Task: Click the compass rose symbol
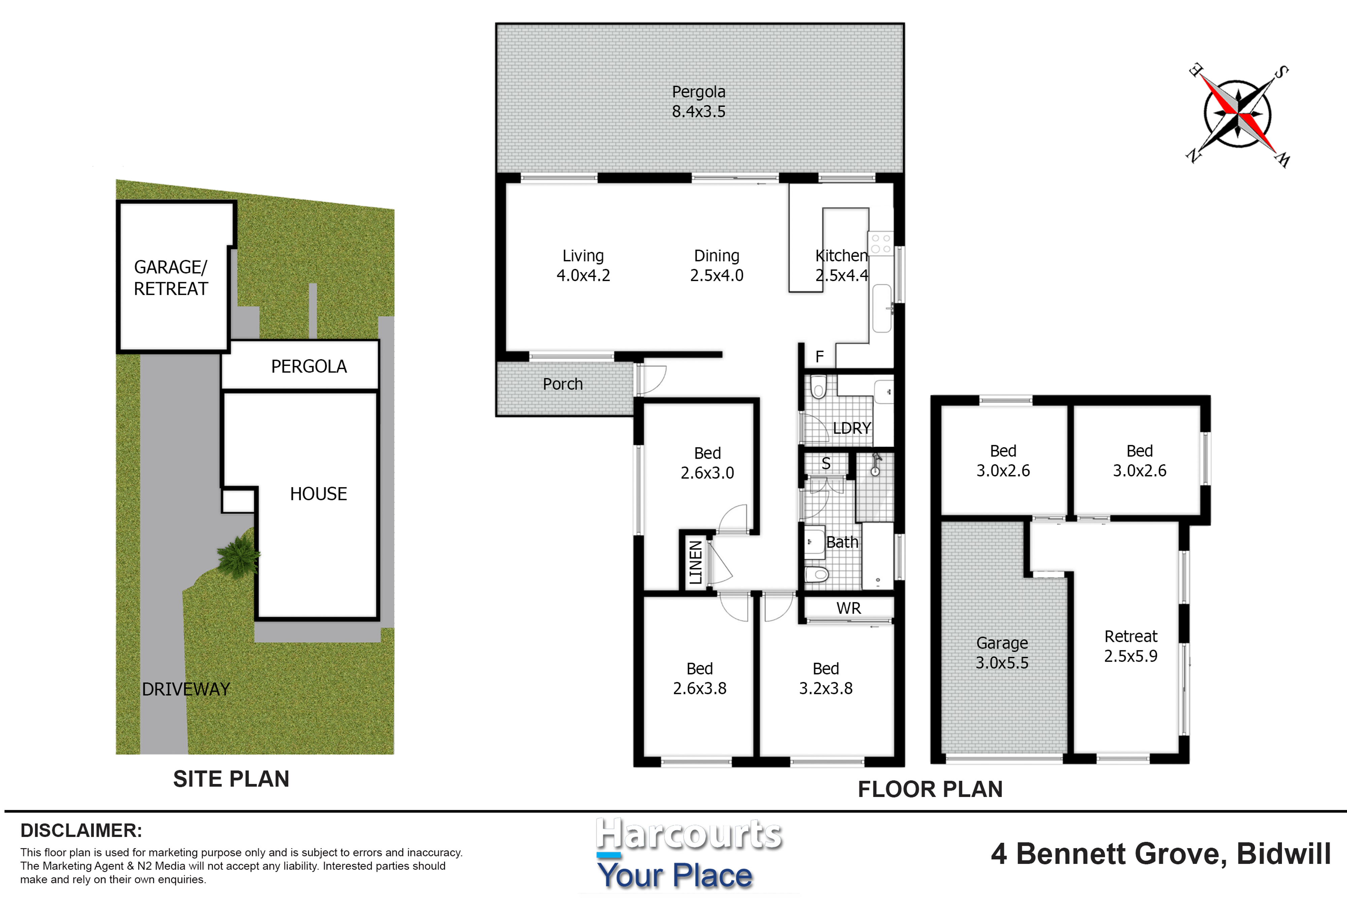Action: point(1238,114)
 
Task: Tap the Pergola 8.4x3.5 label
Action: point(699,101)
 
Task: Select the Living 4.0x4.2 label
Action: point(583,265)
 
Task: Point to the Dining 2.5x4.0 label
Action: point(717,265)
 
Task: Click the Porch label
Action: point(562,384)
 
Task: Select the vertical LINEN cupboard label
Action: point(695,562)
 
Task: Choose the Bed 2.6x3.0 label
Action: point(707,463)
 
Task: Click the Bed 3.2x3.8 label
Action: point(826,678)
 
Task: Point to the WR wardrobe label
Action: point(848,608)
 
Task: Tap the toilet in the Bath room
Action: point(817,573)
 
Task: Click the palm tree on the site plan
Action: point(238,554)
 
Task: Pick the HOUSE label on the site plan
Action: point(319,494)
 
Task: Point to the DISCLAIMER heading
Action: point(81,830)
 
